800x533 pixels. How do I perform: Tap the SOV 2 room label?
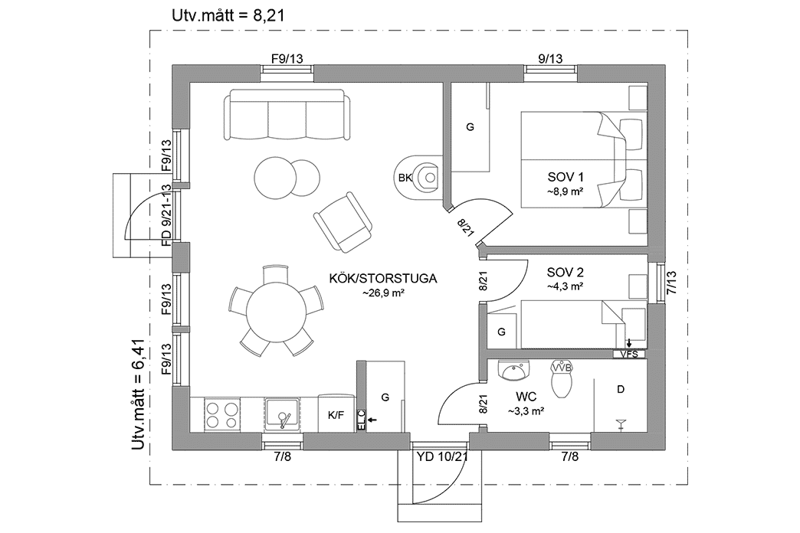(x=566, y=272)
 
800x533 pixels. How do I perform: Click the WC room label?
(x=526, y=397)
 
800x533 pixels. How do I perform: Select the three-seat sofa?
(x=287, y=115)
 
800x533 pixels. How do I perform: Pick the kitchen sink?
(x=284, y=415)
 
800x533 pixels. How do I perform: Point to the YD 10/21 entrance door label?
(x=442, y=457)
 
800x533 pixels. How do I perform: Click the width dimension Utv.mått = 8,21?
(x=221, y=14)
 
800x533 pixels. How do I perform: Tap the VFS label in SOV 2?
(x=629, y=354)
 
